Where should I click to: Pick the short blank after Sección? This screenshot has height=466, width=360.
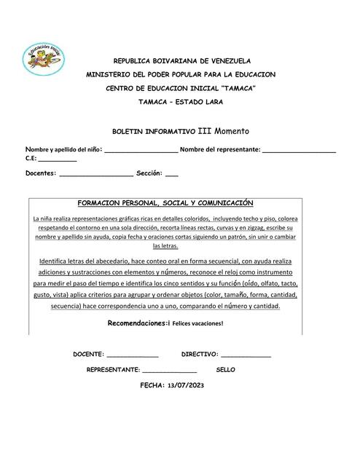tap(172, 175)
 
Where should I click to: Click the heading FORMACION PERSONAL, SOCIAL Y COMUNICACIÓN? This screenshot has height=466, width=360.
tap(165, 203)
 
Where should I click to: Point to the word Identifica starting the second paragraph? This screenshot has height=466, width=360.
tap(58, 261)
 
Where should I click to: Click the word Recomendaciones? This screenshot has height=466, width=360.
tap(136, 322)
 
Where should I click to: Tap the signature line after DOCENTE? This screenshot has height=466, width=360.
tap(133, 355)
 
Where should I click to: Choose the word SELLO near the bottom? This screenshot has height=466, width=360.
tap(226, 370)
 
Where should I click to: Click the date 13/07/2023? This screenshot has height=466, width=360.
tap(189, 385)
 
